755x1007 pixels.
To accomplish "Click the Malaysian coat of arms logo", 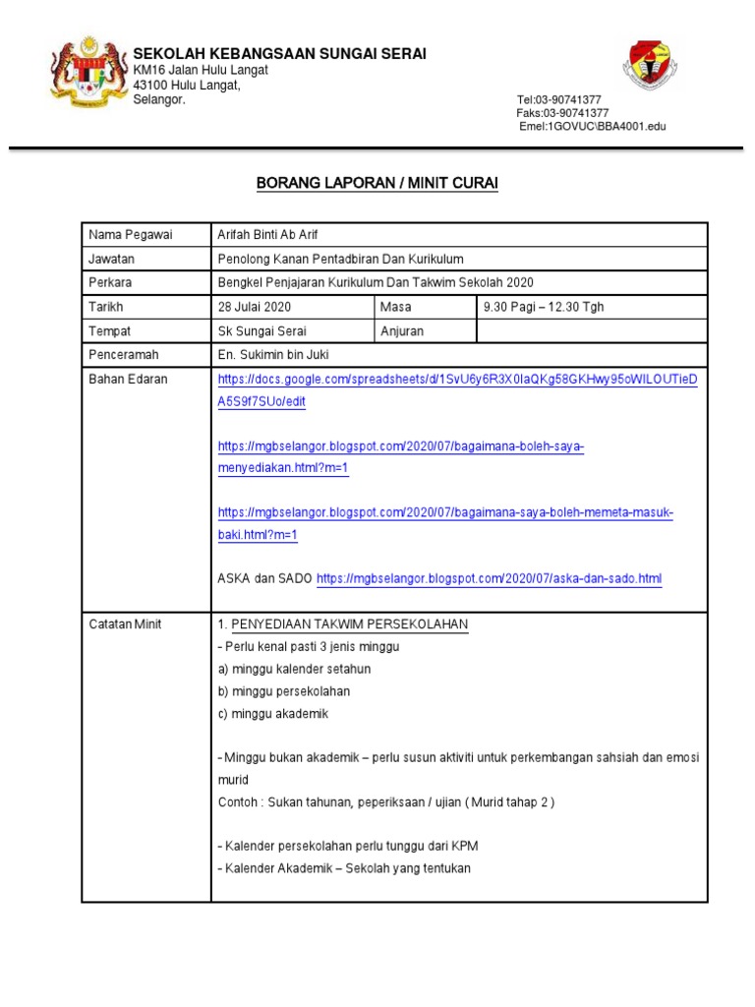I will click(88, 73).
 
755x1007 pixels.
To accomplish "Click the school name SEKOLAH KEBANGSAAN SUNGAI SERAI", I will click(279, 53).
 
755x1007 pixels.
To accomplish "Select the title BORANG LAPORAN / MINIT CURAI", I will click(377, 183).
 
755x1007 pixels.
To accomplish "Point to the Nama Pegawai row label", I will click(130, 234).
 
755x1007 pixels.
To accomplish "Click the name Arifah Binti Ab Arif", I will click(268, 234).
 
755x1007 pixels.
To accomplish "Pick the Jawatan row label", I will click(112, 259).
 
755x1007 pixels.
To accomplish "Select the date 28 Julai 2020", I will click(255, 307).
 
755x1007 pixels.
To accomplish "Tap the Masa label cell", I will click(396, 307).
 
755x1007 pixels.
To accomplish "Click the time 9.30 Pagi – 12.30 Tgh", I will click(544, 307).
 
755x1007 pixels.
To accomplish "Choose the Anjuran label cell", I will click(402, 331).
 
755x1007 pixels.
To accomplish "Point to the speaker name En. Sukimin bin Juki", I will click(274, 355).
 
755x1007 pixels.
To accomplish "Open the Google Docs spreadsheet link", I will click(457, 380).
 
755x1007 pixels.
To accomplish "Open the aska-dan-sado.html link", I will click(490, 579).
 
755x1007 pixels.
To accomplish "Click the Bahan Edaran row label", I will click(128, 380).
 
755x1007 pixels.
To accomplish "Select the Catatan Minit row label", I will click(125, 624).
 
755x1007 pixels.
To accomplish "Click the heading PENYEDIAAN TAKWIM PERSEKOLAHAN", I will click(349, 624).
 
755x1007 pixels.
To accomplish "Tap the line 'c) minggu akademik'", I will click(273, 713).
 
